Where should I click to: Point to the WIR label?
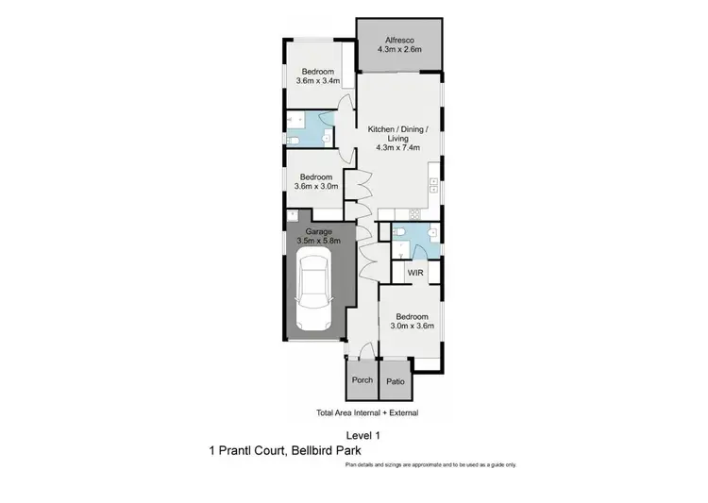[x=414, y=273]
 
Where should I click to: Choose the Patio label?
[x=395, y=380]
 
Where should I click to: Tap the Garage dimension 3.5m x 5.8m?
[x=318, y=242]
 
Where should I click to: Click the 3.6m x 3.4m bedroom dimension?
[x=318, y=81]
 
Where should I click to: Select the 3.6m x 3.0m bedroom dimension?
[x=316, y=187]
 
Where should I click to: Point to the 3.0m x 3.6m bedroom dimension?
[x=413, y=327]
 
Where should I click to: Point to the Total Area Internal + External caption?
[x=366, y=413]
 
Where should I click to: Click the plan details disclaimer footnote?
[x=430, y=465]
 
